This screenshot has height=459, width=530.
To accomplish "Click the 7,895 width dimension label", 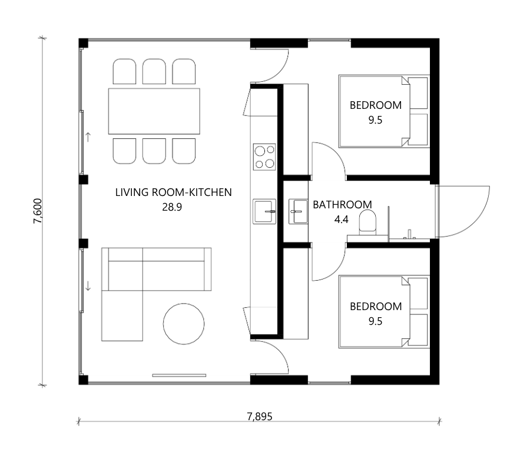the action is pyautogui.click(x=260, y=417).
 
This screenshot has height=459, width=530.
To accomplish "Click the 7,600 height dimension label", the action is pyautogui.click(x=38, y=211).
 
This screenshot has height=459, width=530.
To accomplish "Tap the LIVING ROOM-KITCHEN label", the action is pyautogui.click(x=173, y=192).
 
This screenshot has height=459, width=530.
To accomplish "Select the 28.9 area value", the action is pyautogui.click(x=172, y=207).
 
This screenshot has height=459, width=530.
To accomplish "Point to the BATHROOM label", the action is pyautogui.click(x=342, y=205).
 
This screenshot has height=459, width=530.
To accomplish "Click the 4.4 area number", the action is pyautogui.click(x=342, y=219).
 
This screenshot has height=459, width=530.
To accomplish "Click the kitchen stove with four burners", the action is pyautogui.click(x=264, y=157).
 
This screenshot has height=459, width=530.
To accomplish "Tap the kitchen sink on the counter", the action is pyautogui.click(x=264, y=212).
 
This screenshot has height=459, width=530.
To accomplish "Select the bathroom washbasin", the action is pyautogui.click(x=298, y=212).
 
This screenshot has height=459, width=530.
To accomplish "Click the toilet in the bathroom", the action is pyautogui.click(x=367, y=222).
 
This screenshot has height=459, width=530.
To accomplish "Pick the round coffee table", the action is pyautogui.click(x=184, y=324).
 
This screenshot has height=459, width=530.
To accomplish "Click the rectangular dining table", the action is pyautogui.click(x=154, y=111).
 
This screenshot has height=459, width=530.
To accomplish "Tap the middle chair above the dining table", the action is pyautogui.click(x=154, y=71).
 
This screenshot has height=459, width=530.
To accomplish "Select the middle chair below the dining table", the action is pyautogui.click(x=154, y=151).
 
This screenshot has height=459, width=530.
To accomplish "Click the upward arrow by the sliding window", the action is pyautogui.click(x=88, y=137).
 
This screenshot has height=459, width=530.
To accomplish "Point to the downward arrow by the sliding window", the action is pyautogui.click(x=88, y=286).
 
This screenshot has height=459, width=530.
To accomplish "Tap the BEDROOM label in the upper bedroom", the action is pyautogui.click(x=376, y=105).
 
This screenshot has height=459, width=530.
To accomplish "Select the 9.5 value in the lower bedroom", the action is pyautogui.click(x=375, y=321).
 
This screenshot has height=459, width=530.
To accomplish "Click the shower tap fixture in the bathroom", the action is pyautogui.click(x=409, y=235).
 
